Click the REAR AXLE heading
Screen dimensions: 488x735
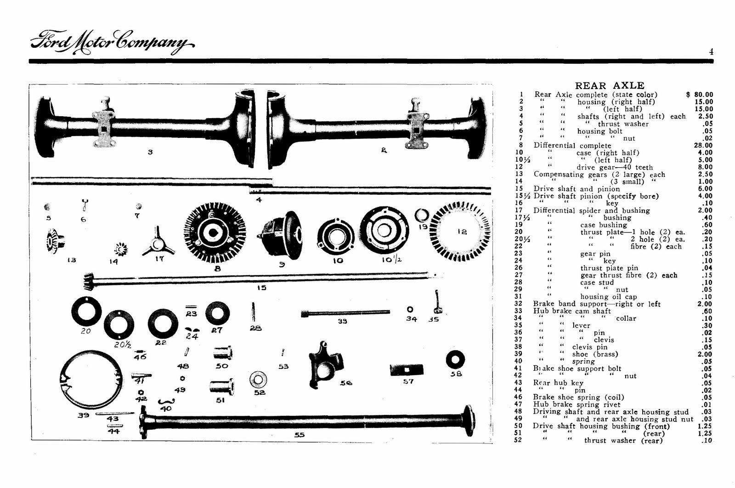tap(610, 85)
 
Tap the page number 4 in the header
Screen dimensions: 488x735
tap(711, 52)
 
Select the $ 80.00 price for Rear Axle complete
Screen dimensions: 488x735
tap(700, 95)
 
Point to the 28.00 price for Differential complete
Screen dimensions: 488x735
tap(703, 145)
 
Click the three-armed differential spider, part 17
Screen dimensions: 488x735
tap(158, 241)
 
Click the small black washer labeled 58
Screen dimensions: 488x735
tap(455, 359)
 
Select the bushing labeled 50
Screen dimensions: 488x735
tap(223, 353)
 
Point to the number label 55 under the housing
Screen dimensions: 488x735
tap(299, 435)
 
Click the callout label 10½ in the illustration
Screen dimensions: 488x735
tap(391, 260)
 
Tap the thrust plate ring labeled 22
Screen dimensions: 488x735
tap(160, 323)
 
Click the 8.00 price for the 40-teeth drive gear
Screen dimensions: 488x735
tap(705, 167)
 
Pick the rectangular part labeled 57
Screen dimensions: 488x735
tap(407, 369)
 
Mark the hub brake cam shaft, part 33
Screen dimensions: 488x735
tap(345, 313)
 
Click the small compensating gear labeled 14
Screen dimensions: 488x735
tap(120, 250)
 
